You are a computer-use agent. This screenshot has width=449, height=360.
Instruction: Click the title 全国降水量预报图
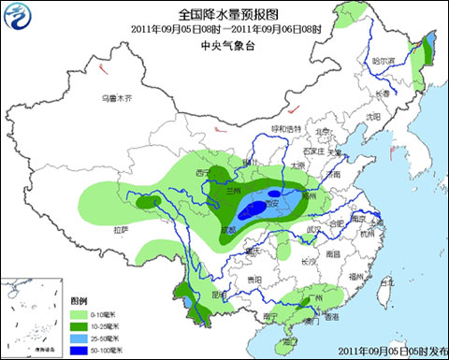pyautogui.click(x=224, y=13)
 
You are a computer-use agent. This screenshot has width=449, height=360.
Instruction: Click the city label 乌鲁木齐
pyautogui.click(x=118, y=98)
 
